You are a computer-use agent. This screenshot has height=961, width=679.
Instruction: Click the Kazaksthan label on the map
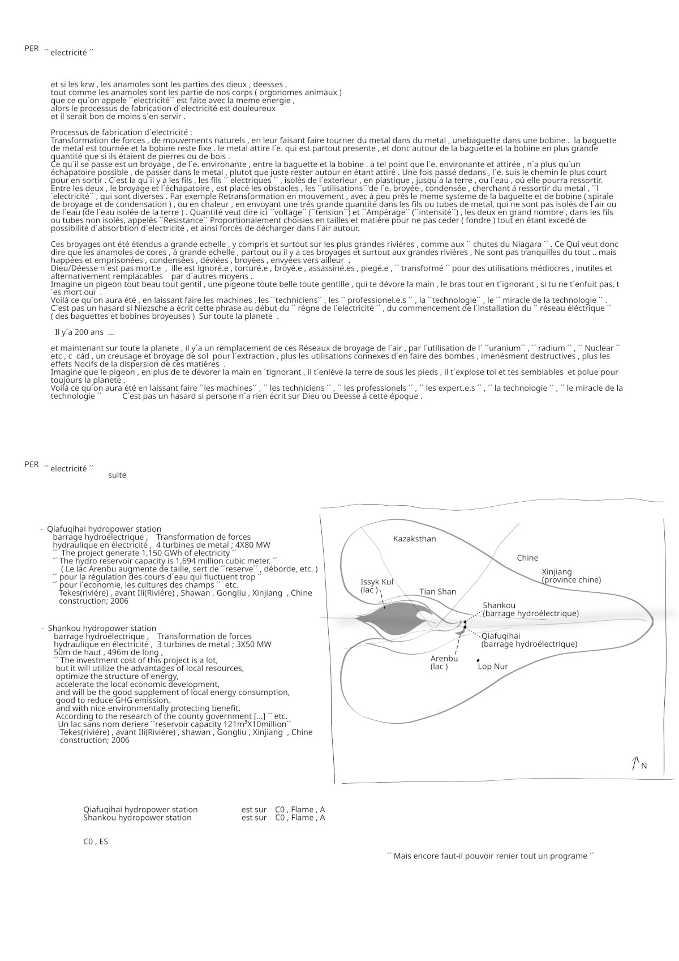(414, 539)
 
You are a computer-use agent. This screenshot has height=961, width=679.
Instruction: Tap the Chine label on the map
(527, 558)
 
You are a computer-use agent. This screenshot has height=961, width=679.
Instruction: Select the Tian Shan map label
(437, 592)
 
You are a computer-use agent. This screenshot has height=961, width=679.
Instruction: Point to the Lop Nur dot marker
(478, 660)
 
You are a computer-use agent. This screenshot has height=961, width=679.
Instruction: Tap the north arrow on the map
(635, 763)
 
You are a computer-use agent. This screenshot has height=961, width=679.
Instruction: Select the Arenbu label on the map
(444, 659)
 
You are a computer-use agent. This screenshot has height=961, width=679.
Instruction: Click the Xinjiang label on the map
(557, 572)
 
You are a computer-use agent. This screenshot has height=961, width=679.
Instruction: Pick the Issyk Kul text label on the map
(376, 582)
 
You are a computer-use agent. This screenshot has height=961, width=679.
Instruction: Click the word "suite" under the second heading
(117, 475)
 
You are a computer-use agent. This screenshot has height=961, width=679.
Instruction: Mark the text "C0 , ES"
(96, 842)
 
